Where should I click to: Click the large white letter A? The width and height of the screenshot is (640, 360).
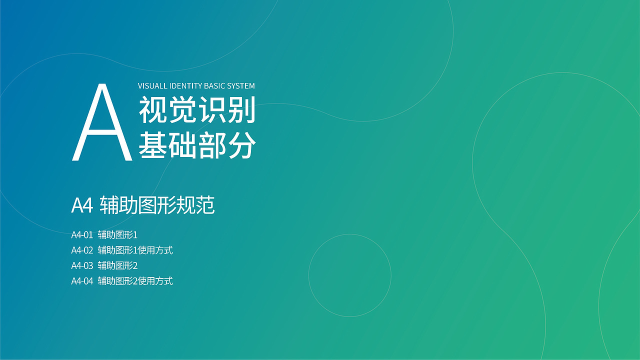[x=102, y=122]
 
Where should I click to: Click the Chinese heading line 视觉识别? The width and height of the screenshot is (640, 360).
[x=197, y=109]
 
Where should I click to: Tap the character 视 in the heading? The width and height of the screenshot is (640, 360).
[x=153, y=109]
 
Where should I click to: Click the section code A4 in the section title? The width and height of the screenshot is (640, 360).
[x=82, y=205]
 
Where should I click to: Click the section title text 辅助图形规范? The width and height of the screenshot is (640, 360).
[x=157, y=205]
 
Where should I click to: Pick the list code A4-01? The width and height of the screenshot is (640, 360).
[x=82, y=235]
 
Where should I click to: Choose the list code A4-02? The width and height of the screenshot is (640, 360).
[x=82, y=250]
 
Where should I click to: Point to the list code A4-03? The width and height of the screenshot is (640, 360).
[x=82, y=266]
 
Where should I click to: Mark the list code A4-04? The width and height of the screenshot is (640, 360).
[x=82, y=281]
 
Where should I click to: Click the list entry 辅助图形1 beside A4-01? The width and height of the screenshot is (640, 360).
[x=117, y=235]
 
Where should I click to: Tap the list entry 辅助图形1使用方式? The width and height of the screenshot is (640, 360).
[x=135, y=250]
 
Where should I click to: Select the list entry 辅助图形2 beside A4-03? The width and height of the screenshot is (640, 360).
[x=117, y=265]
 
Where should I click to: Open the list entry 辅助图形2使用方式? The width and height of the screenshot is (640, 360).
[x=135, y=281]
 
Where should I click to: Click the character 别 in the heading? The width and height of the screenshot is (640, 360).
[x=241, y=109]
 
